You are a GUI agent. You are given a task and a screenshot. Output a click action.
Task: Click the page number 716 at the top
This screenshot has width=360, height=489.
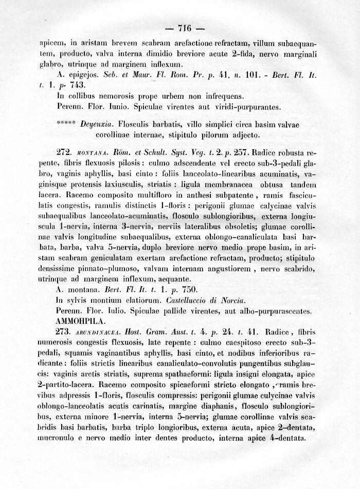click(184, 28)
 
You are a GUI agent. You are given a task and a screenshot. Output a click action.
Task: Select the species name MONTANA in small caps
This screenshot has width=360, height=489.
click(91, 154)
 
